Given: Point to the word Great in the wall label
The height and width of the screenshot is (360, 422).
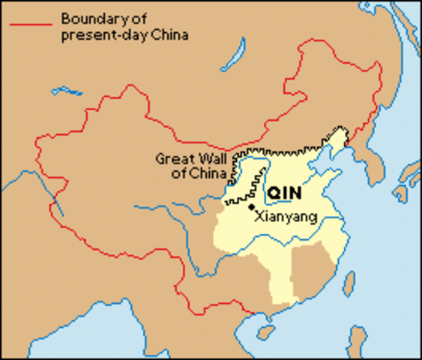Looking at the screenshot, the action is [x=172, y=159].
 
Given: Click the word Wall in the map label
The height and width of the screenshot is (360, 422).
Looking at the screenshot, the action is [x=208, y=159].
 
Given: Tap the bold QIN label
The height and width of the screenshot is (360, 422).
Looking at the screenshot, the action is [x=284, y=192].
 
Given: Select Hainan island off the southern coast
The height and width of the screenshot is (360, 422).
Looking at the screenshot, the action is [x=264, y=331].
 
